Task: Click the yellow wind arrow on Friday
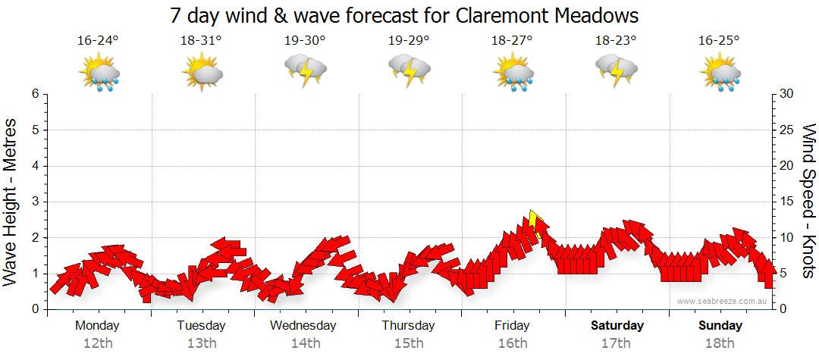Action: [x=535, y=222]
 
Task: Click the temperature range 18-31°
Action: [x=201, y=41]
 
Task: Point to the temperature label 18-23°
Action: [x=615, y=41]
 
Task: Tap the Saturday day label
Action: [x=617, y=326]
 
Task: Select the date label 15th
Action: [x=409, y=343]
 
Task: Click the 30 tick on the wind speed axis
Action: [x=787, y=94]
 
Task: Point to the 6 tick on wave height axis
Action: [x=35, y=94]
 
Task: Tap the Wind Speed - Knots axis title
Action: [x=808, y=201]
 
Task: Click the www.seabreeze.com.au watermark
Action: [x=723, y=301]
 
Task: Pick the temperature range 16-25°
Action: [x=719, y=41]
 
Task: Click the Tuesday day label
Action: [x=201, y=326]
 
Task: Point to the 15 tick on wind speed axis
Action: [x=787, y=202]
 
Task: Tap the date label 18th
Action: [x=720, y=343]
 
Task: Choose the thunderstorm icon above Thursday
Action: [x=409, y=71]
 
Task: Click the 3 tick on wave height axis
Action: [x=35, y=202]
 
